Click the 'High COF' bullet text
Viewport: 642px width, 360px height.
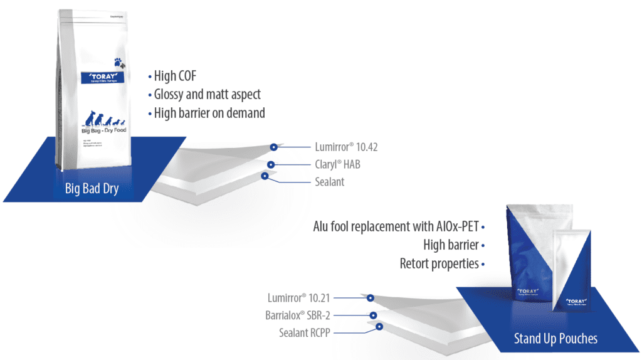(x=175, y=77)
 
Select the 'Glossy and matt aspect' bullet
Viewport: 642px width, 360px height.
(x=207, y=95)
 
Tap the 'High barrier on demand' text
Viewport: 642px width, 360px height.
(x=209, y=114)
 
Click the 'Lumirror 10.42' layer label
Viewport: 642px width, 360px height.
(x=346, y=147)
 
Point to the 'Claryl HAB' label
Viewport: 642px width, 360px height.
(x=338, y=165)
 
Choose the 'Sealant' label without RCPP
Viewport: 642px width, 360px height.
(x=330, y=182)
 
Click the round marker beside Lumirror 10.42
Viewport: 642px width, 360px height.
(x=273, y=147)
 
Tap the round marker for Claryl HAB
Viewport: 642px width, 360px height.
(x=270, y=165)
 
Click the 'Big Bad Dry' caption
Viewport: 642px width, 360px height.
(x=92, y=189)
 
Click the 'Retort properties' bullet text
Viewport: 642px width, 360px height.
(x=439, y=263)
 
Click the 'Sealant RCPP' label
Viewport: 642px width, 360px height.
(x=304, y=332)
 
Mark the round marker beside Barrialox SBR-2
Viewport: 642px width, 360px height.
(x=373, y=315)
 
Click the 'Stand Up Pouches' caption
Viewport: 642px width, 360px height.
(x=555, y=339)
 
